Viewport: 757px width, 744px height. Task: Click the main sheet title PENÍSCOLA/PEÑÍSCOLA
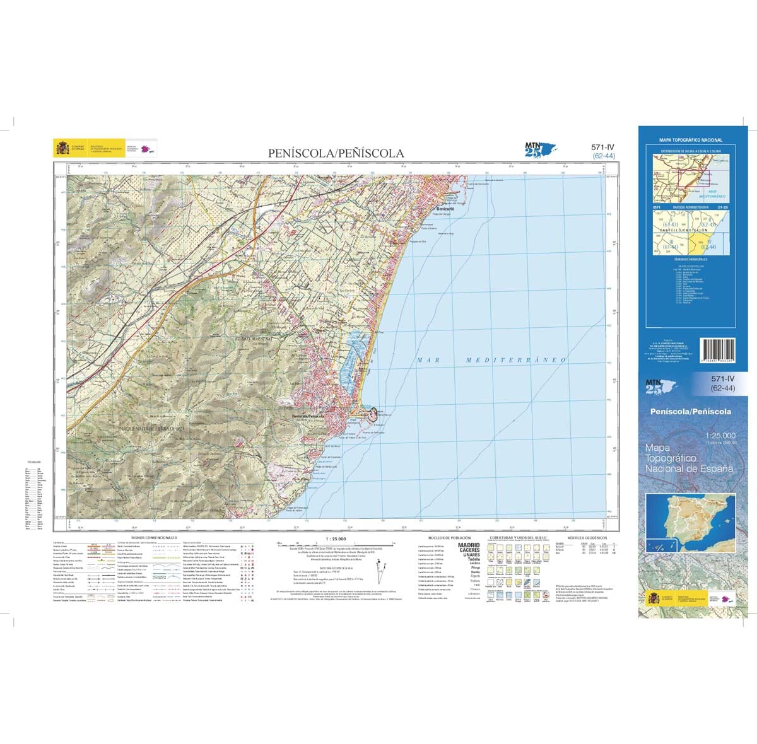point(336,153)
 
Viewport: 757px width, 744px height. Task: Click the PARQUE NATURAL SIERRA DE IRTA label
point(151,429)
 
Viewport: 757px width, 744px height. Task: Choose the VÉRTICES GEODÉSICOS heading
point(587,538)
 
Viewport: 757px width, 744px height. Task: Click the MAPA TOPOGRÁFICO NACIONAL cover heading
point(691,140)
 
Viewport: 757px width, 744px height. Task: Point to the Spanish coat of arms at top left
point(62,149)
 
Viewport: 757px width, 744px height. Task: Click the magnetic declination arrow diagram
point(382,576)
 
